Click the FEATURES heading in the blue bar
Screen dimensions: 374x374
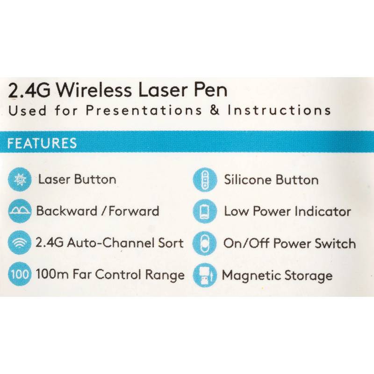(42, 143)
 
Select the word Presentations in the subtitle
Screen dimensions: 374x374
(144, 110)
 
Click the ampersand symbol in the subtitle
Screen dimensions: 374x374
(215, 110)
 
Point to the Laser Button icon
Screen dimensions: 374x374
(20, 179)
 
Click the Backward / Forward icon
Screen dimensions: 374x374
(20, 211)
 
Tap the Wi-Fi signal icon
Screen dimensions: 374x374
(20, 242)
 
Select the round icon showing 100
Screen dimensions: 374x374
(20, 274)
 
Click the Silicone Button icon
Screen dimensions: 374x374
(205, 180)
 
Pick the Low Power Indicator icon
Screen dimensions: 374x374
(205, 211)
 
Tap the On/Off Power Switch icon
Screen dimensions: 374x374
(205, 244)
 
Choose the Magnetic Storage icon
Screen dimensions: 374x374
(205, 275)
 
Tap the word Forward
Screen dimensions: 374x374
(134, 211)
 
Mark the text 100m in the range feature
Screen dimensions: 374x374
(52, 274)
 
